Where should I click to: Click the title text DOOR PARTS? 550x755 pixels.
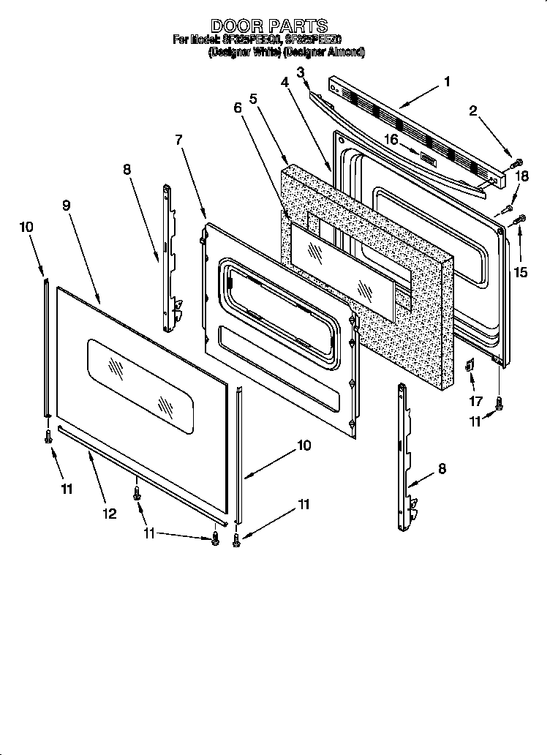[269, 26]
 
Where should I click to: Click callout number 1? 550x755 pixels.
[447, 82]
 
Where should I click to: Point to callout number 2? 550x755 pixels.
[473, 111]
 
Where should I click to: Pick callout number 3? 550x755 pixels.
[300, 71]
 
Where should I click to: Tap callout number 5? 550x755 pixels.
[252, 98]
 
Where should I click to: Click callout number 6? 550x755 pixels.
[237, 108]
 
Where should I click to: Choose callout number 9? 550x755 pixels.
[67, 206]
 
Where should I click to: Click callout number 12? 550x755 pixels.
[109, 514]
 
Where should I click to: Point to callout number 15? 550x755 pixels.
[520, 273]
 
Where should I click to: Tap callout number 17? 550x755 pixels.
[475, 401]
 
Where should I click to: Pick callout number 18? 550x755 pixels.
[520, 176]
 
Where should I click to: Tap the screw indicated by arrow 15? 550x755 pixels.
[521, 218]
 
